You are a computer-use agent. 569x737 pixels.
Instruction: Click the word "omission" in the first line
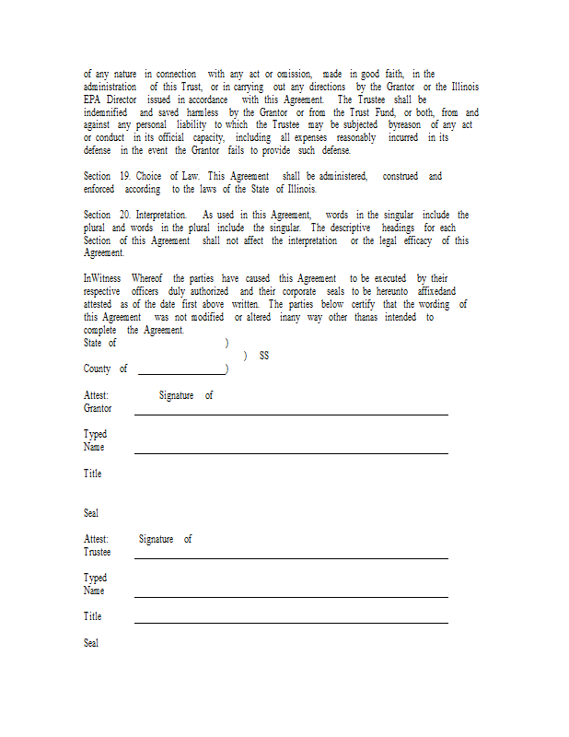pos(294,74)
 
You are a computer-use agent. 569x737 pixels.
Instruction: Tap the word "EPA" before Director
pos(92,99)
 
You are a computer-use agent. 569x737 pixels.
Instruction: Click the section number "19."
pos(124,176)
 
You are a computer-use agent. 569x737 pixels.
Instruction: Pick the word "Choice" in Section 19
pos(150,176)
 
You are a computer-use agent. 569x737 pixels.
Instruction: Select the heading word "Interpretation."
pos(167,215)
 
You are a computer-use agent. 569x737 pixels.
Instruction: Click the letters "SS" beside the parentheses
pos(264,356)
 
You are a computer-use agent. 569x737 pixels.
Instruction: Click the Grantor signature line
pos(291,415)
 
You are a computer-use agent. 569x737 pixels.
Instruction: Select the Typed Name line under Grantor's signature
pos(291,452)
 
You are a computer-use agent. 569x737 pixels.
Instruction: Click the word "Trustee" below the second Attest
pos(97,552)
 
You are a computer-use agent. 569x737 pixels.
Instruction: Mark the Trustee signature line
pos(291,557)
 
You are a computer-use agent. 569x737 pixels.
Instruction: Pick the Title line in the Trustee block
pos(291,622)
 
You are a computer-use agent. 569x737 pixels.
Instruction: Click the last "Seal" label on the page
pos(91,643)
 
